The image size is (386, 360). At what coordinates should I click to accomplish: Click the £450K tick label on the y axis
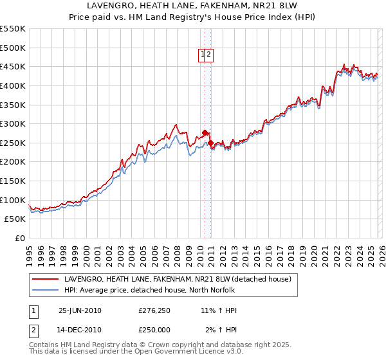point(13,66)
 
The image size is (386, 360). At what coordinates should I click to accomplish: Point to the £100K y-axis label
point(13,200)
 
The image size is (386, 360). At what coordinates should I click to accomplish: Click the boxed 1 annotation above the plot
point(203,55)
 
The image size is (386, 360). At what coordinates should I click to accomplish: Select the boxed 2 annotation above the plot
point(210,55)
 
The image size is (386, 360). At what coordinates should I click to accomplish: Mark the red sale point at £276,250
point(205,133)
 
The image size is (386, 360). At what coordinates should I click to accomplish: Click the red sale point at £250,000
point(211,143)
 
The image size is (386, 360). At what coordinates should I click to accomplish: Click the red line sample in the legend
point(45,280)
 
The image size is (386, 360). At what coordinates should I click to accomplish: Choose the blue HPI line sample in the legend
point(45,290)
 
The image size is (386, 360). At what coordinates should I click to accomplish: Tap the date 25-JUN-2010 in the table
point(80,310)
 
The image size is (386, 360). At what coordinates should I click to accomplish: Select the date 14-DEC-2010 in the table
point(80,330)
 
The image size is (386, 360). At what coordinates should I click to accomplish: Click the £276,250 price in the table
point(154,310)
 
